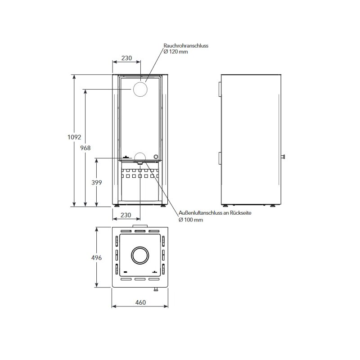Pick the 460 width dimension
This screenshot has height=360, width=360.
140,302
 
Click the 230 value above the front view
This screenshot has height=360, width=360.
126,58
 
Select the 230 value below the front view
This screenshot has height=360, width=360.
126,216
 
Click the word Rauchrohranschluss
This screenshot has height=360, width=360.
185,46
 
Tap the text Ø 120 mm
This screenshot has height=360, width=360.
175,52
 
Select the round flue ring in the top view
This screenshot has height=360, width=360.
140,256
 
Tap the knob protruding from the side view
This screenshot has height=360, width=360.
284,157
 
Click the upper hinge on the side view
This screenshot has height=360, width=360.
220,89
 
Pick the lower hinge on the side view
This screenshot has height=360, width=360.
220,159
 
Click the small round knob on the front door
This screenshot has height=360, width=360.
156,157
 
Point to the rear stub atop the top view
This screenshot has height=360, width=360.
139,226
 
